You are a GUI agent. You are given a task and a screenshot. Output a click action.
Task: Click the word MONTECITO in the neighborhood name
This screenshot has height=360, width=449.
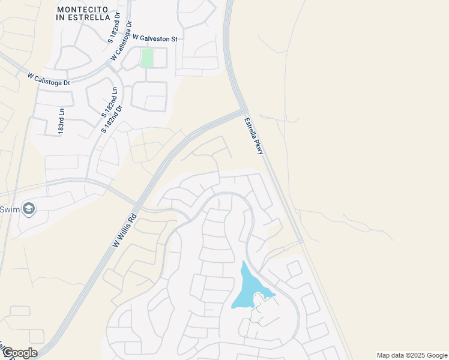[80, 10]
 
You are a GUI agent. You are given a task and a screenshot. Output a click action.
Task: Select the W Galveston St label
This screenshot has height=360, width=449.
[155, 38]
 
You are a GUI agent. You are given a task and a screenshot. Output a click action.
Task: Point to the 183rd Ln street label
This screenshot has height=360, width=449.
[61, 121]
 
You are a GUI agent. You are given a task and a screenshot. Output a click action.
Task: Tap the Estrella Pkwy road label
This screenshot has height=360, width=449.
[254, 136]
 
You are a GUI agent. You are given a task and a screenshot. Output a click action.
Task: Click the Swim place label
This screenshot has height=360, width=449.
[8, 209]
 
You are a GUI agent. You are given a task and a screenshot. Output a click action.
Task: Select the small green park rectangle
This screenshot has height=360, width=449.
[147, 58]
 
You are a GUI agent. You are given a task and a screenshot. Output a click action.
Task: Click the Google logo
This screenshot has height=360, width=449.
[19, 353]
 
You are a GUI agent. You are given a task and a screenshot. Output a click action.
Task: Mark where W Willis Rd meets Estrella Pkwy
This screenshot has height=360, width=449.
[243, 110]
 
